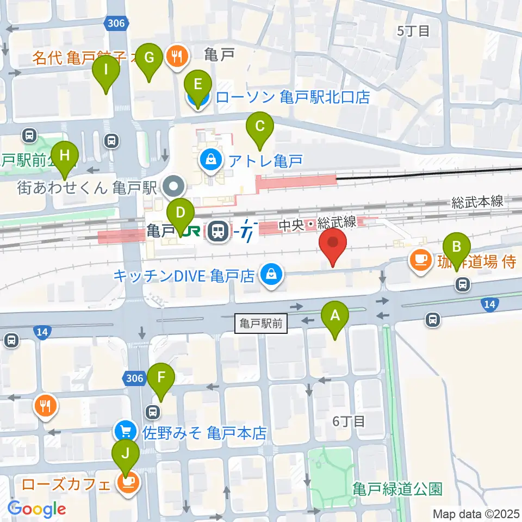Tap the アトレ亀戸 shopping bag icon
(x=209, y=160)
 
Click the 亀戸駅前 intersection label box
(x=261, y=324)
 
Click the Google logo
(x=37, y=509)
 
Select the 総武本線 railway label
(x=477, y=202)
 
